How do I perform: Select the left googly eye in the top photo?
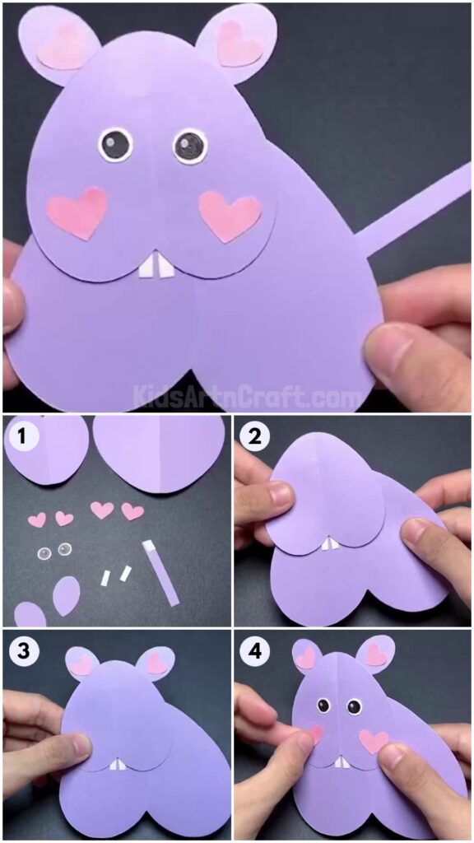[x=115, y=145]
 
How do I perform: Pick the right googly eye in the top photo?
[x=189, y=147]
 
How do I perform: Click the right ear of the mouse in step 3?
[x=157, y=660]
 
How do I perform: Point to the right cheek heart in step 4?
[x=373, y=740]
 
